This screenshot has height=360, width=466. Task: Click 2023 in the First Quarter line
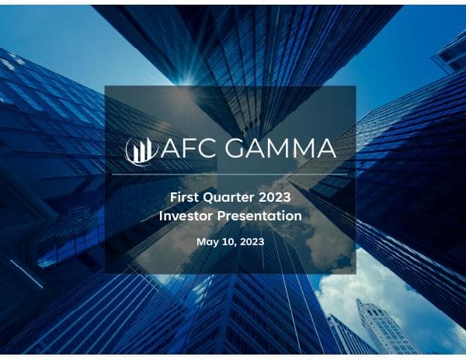[x=278, y=198]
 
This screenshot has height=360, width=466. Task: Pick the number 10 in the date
[x=228, y=242]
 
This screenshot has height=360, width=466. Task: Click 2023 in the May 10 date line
[x=252, y=242]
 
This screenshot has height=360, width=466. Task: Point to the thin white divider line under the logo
[x=231, y=175]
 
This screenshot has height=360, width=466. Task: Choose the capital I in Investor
[x=161, y=216]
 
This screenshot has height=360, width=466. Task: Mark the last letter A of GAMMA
[x=326, y=148]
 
